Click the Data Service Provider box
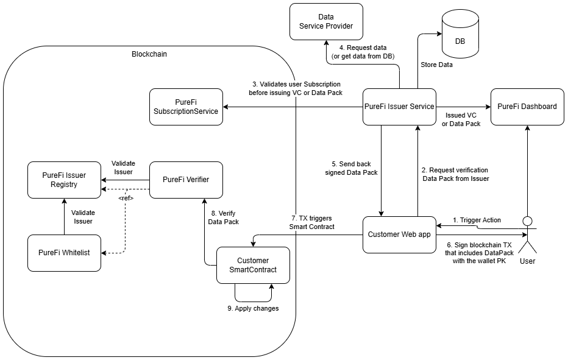click(x=326, y=21)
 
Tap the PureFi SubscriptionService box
click(x=186, y=107)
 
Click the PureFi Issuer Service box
click(x=399, y=107)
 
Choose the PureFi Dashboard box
click(x=527, y=107)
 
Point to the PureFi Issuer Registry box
click(x=64, y=180)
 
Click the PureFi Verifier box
click(x=186, y=180)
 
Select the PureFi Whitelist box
click(x=64, y=253)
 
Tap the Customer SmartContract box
click(x=253, y=265)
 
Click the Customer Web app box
click(x=399, y=235)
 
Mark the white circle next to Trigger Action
click(x=527, y=221)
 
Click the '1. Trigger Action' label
click(x=477, y=220)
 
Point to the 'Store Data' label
click(x=436, y=65)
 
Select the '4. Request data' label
click(x=363, y=52)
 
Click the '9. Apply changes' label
click(x=253, y=308)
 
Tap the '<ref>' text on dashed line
click(x=126, y=198)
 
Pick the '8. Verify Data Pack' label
click(x=222, y=217)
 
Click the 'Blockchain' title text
click(x=149, y=54)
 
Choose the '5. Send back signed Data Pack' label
click(x=352, y=168)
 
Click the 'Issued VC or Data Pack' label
click(x=461, y=119)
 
